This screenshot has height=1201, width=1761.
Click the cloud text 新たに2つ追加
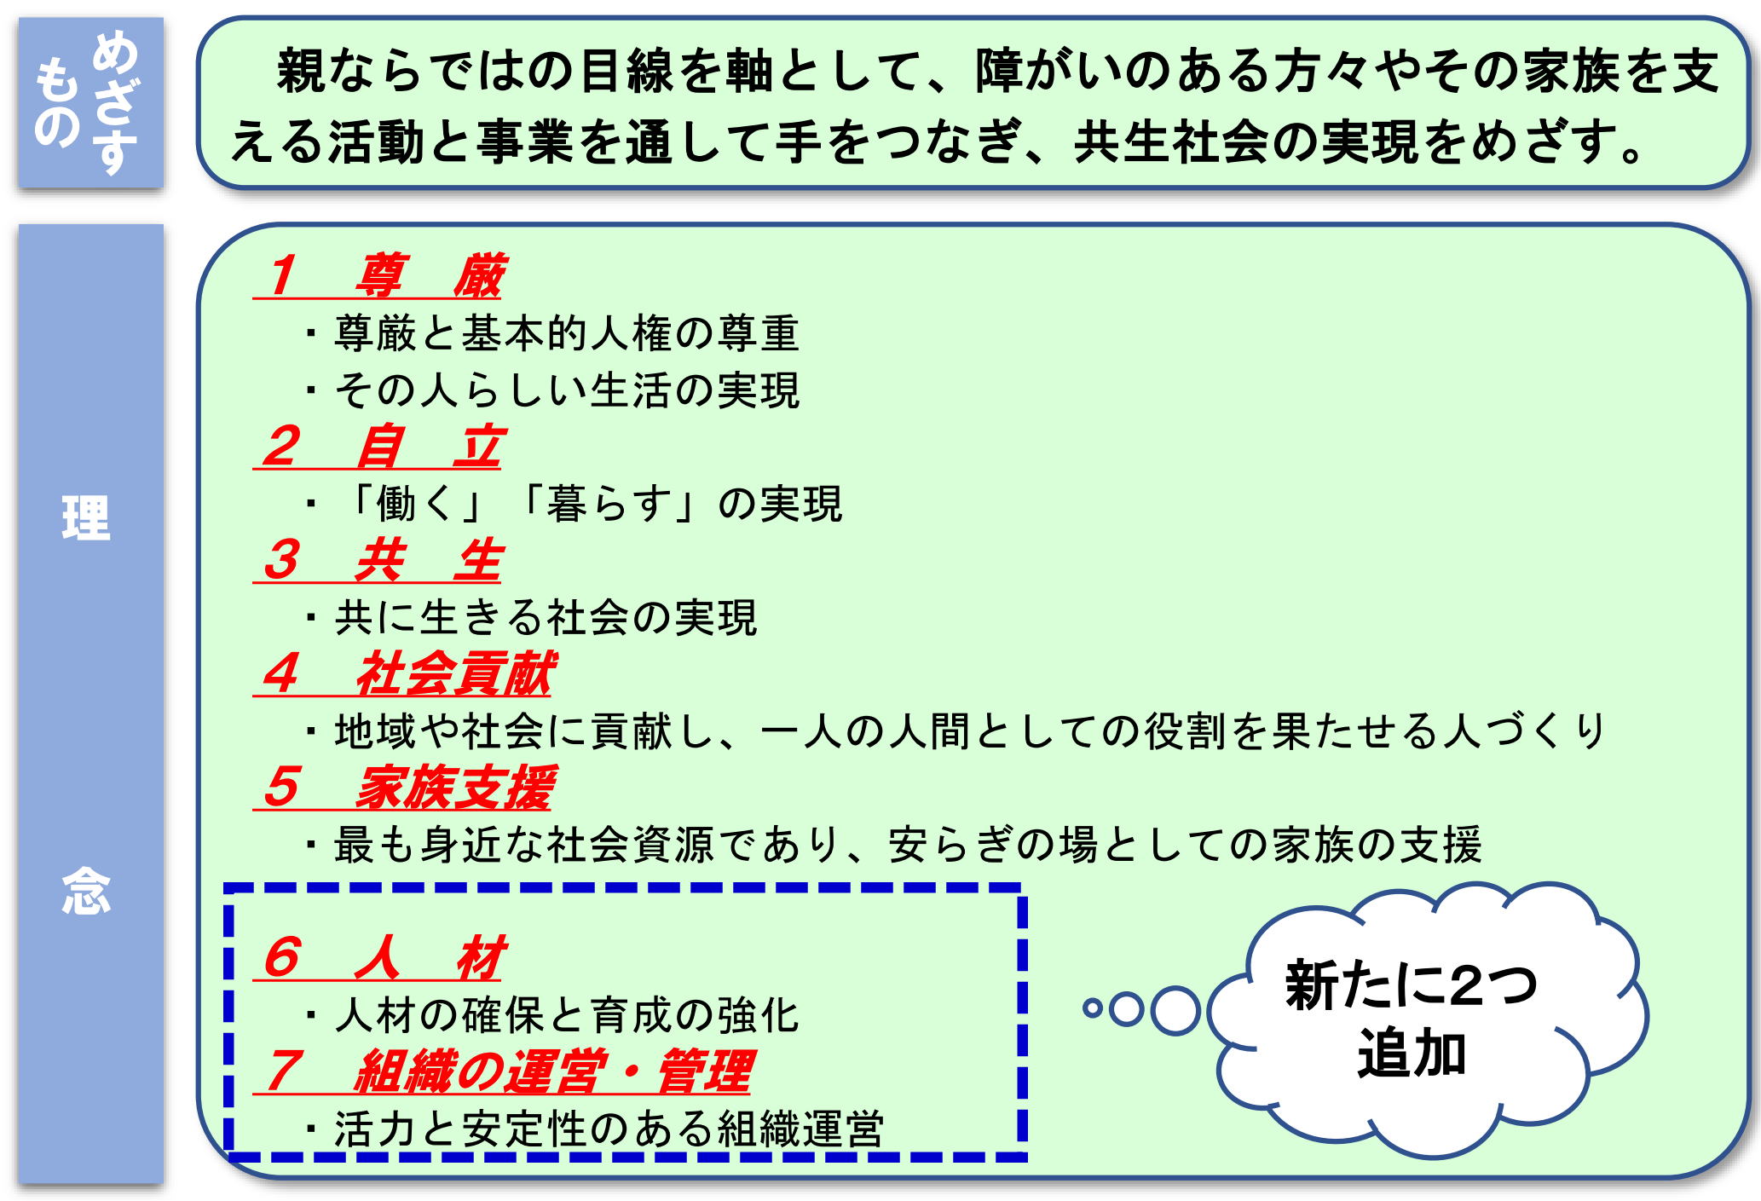pos(1412,1019)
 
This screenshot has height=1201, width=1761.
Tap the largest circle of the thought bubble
pos(1175,1010)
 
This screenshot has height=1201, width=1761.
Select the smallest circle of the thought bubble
pos(1092,1009)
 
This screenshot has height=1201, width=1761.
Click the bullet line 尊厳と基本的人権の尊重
pos(552,333)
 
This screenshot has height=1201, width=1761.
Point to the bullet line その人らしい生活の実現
pos(552,390)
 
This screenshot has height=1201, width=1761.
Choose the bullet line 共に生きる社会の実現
pos(531,618)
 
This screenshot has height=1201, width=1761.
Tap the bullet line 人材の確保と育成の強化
pos(552,1015)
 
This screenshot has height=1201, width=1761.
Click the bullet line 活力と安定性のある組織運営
pos(595,1129)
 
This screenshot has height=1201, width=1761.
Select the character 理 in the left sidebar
pos(86,517)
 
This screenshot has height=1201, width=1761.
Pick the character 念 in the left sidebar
pos(86,892)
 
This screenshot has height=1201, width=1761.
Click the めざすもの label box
pos(91,102)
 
